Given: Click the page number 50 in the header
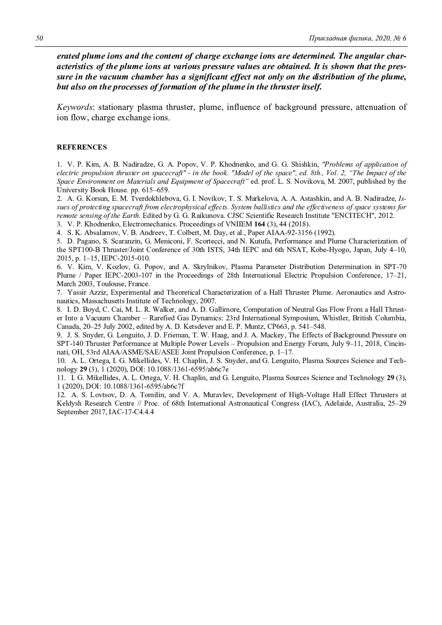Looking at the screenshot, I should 40,38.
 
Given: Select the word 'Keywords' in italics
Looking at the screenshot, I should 74,107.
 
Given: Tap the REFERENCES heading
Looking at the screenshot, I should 81,147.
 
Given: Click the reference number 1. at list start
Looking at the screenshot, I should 59,165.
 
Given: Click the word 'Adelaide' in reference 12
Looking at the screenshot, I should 339,403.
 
